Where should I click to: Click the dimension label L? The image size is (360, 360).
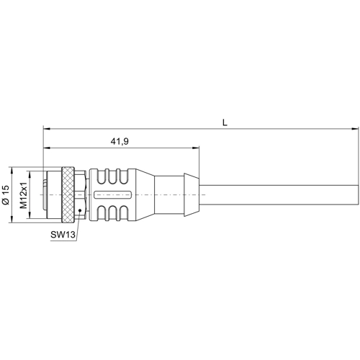point(225,123)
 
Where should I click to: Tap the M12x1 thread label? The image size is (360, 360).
point(23,195)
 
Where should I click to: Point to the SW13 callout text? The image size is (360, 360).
point(63,234)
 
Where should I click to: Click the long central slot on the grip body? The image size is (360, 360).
point(112,195)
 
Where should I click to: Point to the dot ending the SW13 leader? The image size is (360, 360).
point(78,210)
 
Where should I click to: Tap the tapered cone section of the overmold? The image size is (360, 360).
point(143,195)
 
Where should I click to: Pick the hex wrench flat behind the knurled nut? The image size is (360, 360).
point(81,195)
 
